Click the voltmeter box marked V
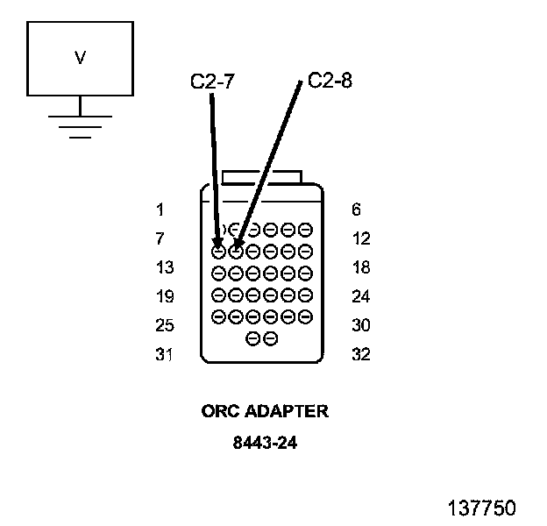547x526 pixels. coord(80,59)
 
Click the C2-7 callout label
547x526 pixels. coord(212,83)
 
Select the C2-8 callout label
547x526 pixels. coord(330,83)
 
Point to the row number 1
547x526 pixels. coord(160,210)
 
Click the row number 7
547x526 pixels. coord(160,238)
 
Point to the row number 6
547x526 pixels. coord(355,210)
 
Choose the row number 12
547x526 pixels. coord(359,238)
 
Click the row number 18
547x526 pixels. coord(359,267)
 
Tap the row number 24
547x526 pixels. coord(359,296)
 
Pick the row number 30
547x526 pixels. coord(359,325)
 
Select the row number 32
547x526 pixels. coord(359,355)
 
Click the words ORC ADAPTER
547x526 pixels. coord(265,411)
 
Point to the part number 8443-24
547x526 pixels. coord(265,443)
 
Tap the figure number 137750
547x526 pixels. coord(481,508)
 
